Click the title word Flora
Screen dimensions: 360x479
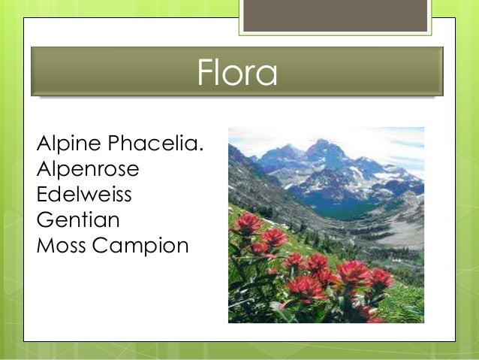point(237,73)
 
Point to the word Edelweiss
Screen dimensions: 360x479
point(84,194)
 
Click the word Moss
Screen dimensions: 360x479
point(60,245)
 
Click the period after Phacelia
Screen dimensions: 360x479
point(201,149)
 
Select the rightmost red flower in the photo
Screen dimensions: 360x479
point(381,278)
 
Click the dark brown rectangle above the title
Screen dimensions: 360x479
point(335,15)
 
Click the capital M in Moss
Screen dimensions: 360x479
point(44,245)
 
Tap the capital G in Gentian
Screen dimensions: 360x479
point(44,219)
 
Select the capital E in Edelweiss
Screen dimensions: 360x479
point(41,194)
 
